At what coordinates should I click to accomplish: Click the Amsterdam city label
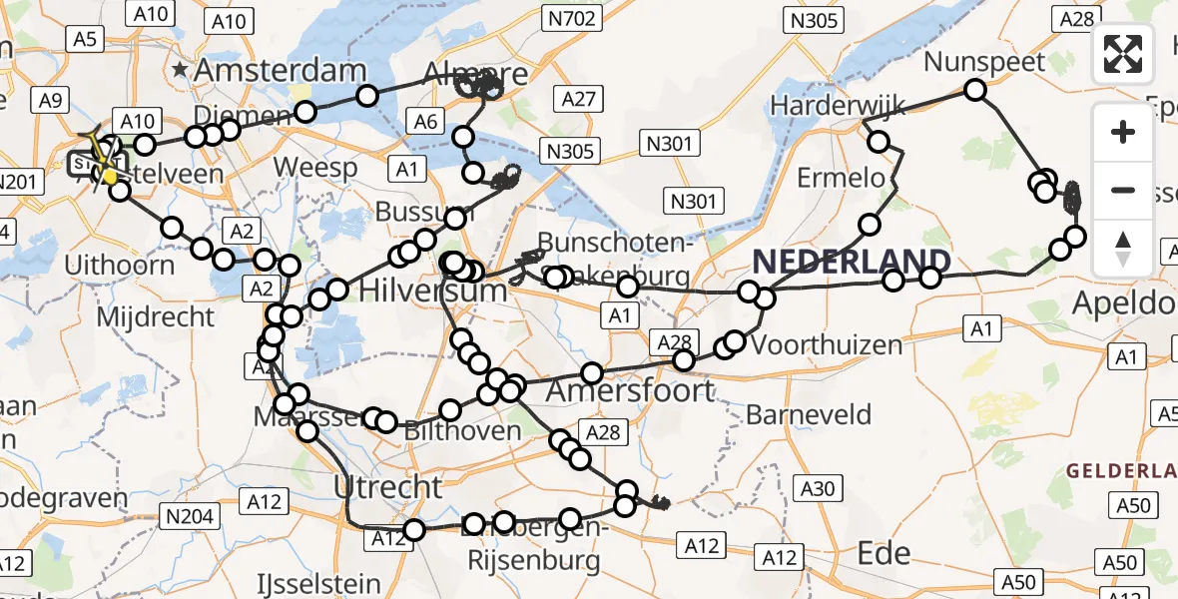(x=281, y=70)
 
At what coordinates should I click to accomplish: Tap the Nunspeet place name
(x=984, y=62)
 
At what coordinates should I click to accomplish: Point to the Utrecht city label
(x=387, y=488)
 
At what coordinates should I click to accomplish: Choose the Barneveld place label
(x=809, y=414)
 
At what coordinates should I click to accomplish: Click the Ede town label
(x=884, y=553)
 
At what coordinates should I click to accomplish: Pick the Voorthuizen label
(x=827, y=345)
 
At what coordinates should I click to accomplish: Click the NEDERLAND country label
(x=852, y=263)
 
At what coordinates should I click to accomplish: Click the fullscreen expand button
(x=1123, y=54)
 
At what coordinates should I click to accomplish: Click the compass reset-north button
(x=1123, y=249)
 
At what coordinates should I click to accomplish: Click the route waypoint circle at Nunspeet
(x=974, y=91)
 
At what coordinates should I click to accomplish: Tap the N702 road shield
(x=571, y=17)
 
